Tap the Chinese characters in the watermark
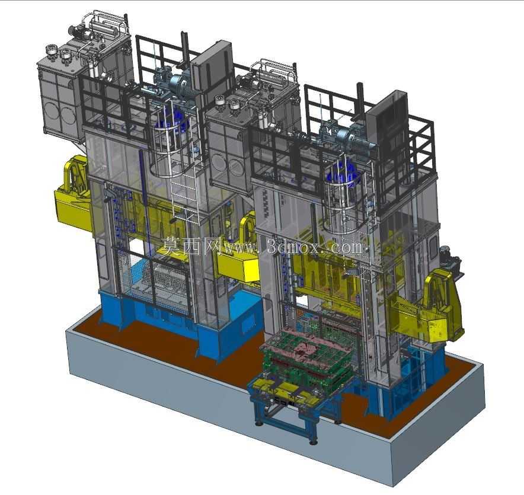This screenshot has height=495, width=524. click(190, 246)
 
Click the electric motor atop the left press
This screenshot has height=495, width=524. click(180, 83)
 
